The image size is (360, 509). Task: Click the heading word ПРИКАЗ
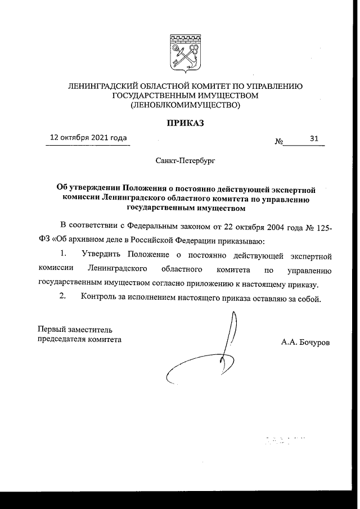pos(184,121)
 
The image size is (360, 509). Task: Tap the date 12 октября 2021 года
pos(88,138)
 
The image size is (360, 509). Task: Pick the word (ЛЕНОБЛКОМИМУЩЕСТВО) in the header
pos(185,105)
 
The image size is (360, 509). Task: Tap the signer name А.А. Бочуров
pos(306,341)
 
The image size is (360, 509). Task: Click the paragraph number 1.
pos(64,255)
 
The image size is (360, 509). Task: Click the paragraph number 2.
pos(64,298)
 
